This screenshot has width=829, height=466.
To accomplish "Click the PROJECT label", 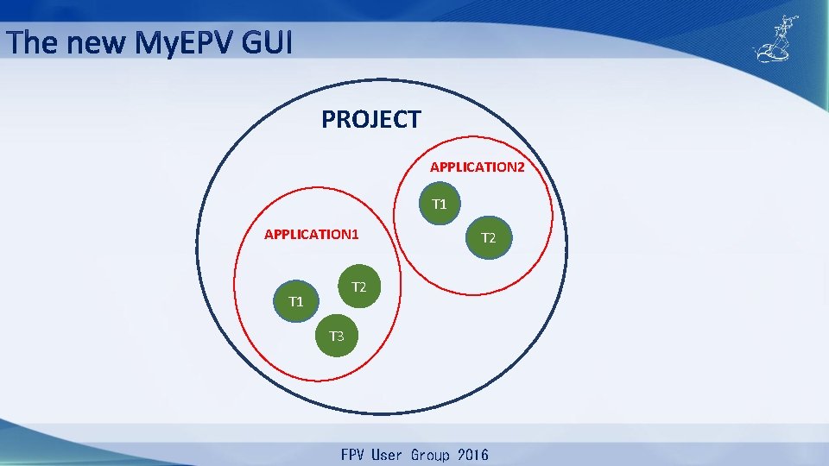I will (x=370, y=119).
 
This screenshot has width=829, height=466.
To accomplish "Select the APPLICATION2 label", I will (x=477, y=167).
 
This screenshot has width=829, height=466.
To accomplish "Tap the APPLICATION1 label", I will (x=311, y=235).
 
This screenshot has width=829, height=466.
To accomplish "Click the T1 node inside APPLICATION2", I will (x=440, y=204).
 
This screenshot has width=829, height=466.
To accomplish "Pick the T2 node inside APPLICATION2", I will (x=488, y=237).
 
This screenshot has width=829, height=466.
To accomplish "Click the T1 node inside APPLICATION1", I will (x=295, y=301).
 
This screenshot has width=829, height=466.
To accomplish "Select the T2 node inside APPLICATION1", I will (x=359, y=287).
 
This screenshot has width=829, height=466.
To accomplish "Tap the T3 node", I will (x=336, y=336).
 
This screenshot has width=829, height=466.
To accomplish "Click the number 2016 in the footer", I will (x=470, y=455).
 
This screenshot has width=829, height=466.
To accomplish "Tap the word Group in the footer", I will (x=426, y=455).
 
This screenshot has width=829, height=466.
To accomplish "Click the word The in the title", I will (x=33, y=41).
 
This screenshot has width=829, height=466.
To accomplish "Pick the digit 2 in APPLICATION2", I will (x=520, y=167).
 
